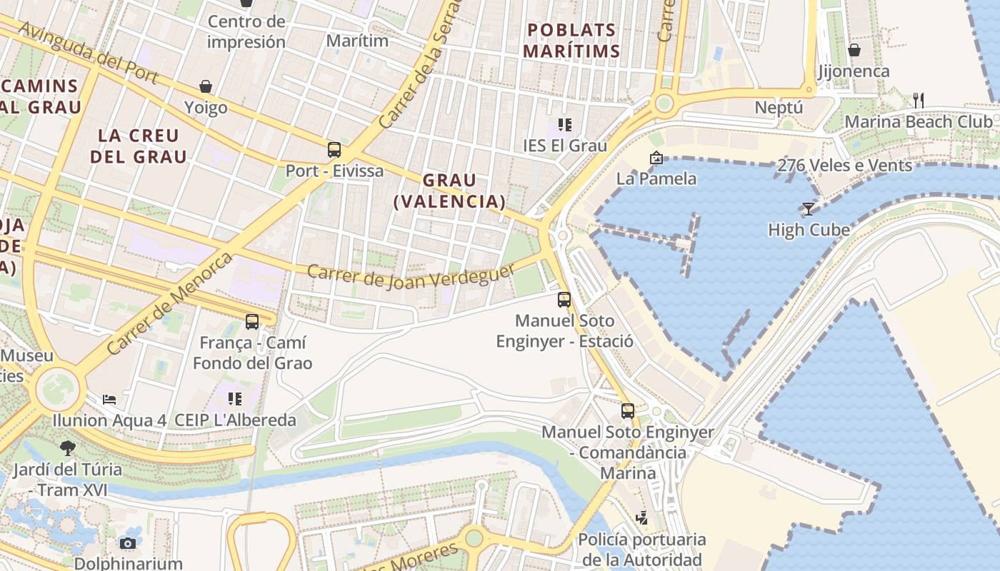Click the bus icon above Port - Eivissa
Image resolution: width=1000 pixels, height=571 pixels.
tap(334, 150)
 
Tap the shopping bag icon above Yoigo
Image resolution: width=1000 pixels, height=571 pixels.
tap(206, 86)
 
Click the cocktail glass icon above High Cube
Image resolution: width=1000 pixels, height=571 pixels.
tap(808, 208)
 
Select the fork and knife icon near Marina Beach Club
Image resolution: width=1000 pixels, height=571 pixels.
tap(919, 101)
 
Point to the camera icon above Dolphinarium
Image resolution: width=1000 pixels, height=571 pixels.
tap(128, 543)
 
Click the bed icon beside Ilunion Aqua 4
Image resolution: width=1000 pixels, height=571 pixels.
tap(109, 399)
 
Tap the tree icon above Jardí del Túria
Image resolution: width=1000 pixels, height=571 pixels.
tap(68, 448)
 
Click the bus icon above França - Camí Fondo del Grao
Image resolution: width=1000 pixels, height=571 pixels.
tap(252, 322)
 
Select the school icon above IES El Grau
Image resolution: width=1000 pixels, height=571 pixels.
tap(565, 125)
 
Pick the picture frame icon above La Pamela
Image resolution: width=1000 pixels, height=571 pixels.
tap(656, 158)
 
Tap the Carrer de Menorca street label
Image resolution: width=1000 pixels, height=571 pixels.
tap(169, 304)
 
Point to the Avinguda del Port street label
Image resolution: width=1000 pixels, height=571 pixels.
tap(89, 52)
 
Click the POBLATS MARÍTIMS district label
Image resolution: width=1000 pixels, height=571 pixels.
tap(571, 40)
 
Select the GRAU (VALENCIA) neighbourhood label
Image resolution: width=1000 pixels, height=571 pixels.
tap(449, 191)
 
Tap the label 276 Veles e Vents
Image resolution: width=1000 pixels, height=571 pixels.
tap(844, 166)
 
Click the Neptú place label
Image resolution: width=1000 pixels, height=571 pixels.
tap(779, 108)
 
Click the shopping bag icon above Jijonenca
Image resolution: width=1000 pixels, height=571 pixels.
tap(854, 50)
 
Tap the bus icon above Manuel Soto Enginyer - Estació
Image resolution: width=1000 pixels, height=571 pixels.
tap(564, 300)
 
